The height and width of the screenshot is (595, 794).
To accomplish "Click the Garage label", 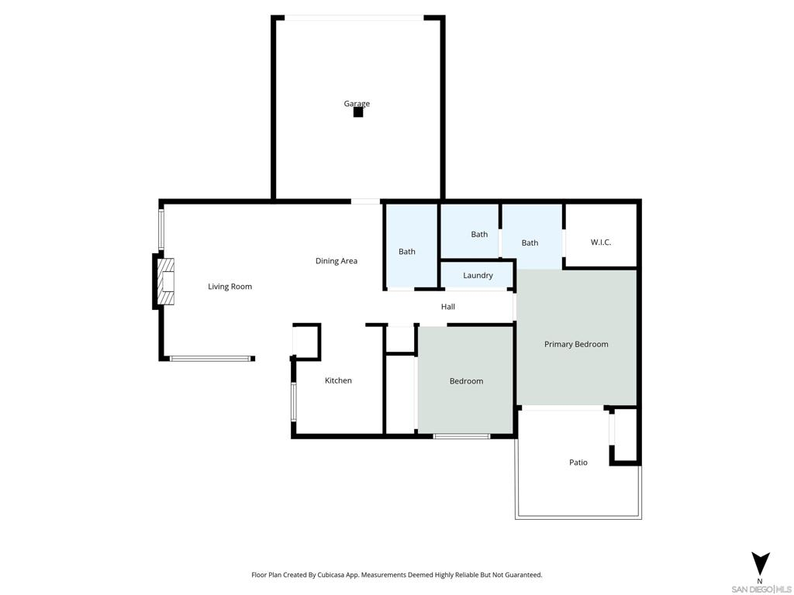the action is point(357,104).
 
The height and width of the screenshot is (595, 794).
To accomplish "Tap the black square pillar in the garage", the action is point(358,112).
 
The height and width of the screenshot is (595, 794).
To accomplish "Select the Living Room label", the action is point(230,287).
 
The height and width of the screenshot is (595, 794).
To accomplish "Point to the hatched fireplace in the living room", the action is point(166,282).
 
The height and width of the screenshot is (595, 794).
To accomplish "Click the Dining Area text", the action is point(337,261).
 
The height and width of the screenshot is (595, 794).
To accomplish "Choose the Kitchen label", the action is point(338,380).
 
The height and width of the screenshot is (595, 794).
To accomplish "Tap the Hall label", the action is point(447,307).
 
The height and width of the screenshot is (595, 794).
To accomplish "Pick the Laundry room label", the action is point(478,276).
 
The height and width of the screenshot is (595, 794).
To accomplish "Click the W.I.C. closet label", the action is point(601,242).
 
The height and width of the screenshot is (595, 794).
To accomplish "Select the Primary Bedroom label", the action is point(576,344).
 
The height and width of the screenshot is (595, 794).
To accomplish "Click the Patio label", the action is point(578,463).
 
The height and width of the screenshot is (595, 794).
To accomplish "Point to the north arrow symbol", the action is point(760,564).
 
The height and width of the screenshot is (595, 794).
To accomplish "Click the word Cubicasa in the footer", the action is point(332,575).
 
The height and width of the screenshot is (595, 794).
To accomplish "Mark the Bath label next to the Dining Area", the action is point(406,252).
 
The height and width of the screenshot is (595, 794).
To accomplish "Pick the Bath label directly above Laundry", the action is point(479,234).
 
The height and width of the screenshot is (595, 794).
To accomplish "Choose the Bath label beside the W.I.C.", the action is point(530,242).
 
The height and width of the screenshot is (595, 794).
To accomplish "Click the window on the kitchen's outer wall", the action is point(293,402).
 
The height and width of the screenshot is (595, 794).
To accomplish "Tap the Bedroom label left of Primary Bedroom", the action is point(466,381).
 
